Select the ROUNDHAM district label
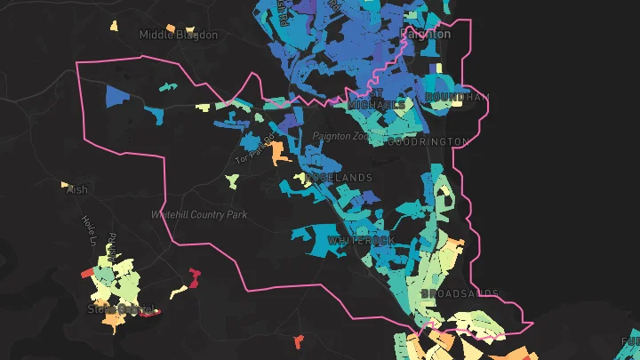(457, 97)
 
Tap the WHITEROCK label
(360, 241)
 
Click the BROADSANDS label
(460, 293)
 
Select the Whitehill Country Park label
(198, 215)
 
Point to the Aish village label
(78, 189)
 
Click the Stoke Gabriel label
(121, 309)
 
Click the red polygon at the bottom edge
(299, 341)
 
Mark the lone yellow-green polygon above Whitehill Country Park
(232, 181)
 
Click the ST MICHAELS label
(388, 99)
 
